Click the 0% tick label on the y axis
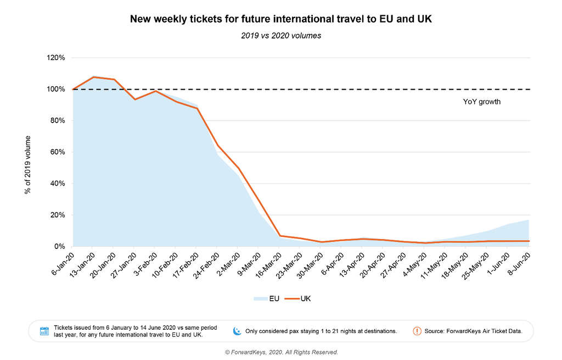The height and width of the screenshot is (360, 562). coord(61,247)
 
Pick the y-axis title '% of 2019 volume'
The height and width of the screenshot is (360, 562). coord(27,165)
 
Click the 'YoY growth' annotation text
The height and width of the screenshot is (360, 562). coord(482,102)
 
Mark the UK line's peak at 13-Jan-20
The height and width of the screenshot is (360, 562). coord(94,77)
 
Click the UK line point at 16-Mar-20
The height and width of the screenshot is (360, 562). coord(280,236)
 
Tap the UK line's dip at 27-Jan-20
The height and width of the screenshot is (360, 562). coord(135,99)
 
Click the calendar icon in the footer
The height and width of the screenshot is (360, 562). coord(45,331)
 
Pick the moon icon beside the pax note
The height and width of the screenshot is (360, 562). coord(237,331)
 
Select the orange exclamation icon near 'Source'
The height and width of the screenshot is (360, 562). coord(417,331)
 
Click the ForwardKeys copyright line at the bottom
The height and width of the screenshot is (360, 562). coord(281,352)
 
